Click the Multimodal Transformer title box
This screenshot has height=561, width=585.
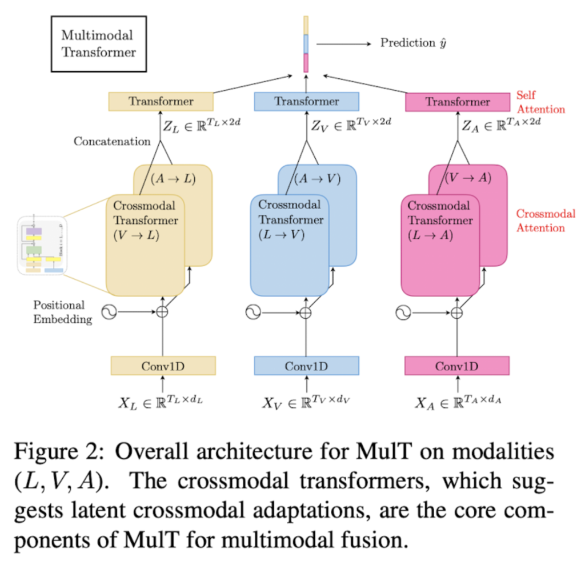coord(99,44)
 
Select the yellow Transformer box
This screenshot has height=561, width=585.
coord(161,102)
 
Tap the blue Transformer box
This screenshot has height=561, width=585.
coord(306,102)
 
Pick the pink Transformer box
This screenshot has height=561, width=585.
coord(457,102)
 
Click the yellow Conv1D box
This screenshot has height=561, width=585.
coord(163,366)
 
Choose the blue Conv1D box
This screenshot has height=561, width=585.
coord(306,366)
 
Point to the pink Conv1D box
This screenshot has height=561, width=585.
coord(457,366)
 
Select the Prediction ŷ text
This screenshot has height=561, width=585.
coord(413,43)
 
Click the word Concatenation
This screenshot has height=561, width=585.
coord(112,141)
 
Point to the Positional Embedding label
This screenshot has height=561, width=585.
coord(62,312)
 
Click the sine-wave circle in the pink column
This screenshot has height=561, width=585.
coord(403,312)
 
